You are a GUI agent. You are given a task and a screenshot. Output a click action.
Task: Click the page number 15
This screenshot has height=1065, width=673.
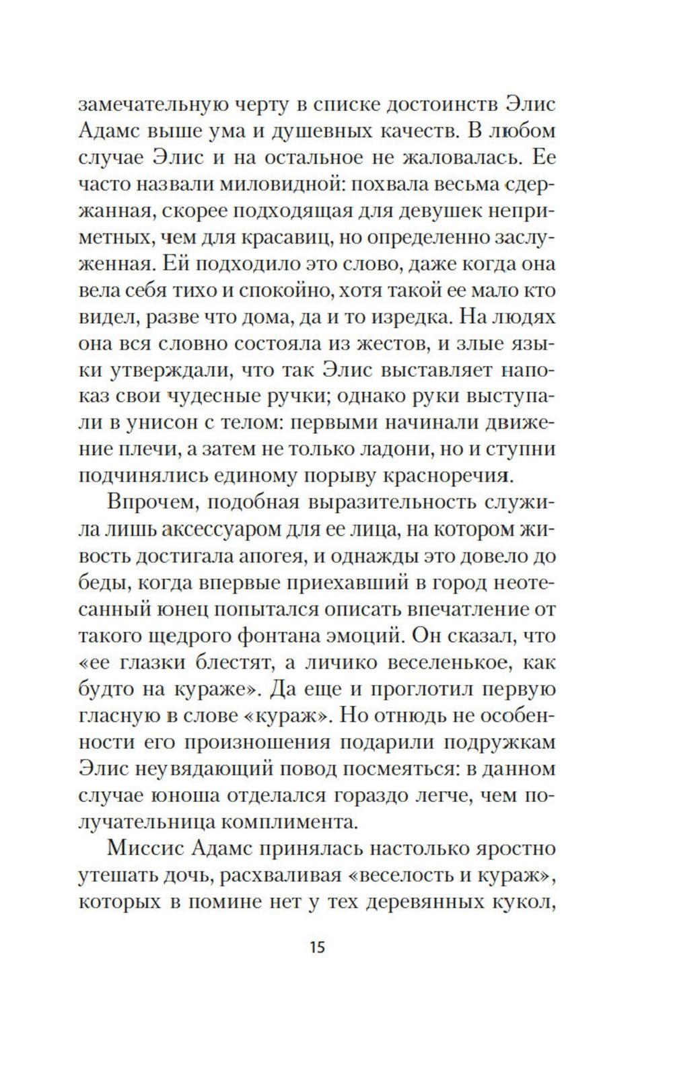(317, 947)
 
